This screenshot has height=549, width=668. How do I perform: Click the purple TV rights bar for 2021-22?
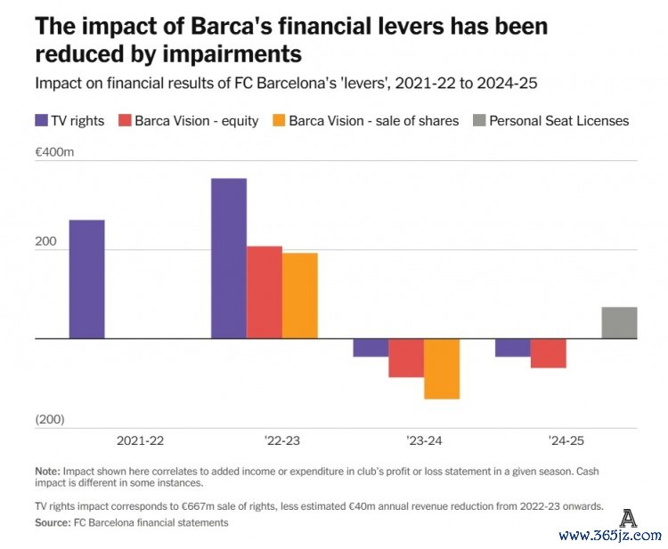[x=86, y=279]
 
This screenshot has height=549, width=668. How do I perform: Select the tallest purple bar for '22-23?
[x=229, y=258]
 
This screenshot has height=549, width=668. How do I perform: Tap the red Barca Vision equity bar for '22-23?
[x=265, y=292]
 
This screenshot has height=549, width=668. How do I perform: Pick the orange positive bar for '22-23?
[x=300, y=295]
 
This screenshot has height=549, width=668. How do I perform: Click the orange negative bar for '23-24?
[x=442, y=368]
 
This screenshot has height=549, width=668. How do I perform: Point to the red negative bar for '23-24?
[x=406, y=358]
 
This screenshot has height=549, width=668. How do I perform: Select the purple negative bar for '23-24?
[x=371, y=347]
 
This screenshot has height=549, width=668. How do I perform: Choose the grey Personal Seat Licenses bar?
[x=619, y=322]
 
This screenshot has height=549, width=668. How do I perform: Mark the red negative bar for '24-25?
[x=549, y=353]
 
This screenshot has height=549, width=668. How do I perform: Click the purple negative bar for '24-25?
[x=513, y=347]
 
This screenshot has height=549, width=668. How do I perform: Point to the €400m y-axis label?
[x=54, y=152]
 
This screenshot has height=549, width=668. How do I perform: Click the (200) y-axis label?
[x=51, y=419]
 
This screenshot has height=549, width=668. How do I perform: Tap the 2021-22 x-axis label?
[x=140, y=440]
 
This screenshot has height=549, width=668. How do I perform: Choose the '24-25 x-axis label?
[x=566, y=440]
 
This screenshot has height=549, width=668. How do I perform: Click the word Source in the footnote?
[x=52, y=522]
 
